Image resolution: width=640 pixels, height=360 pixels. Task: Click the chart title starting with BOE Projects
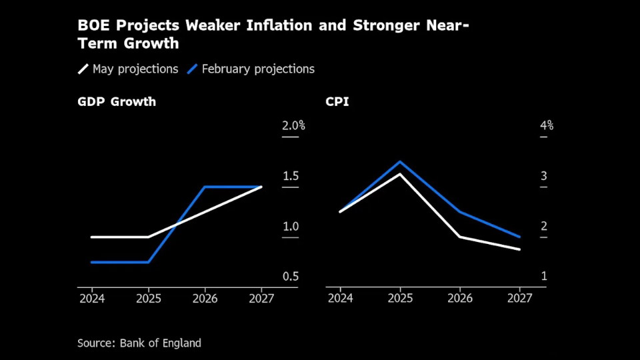click(x=273, y=35)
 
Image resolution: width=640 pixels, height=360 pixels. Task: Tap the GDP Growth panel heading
click(x=117, y=102)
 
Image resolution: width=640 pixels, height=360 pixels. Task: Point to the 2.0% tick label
click(x=293, y=125)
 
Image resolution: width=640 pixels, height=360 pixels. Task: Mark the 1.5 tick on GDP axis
click(x=290, y=176)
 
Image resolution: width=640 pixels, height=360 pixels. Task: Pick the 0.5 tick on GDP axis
click(x=290, y=277)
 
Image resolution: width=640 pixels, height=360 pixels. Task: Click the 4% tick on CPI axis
click(x=547, y=125)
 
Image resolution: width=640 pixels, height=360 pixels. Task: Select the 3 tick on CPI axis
click(x=544, y=176)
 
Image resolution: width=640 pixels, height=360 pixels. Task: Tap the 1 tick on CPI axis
click(x=544, y=277)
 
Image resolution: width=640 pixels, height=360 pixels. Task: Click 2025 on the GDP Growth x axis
click(x=148, y=298)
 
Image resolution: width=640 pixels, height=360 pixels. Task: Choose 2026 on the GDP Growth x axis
click(x=205, y=298)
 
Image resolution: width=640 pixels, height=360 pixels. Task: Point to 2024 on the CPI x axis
click(x=340, y=298)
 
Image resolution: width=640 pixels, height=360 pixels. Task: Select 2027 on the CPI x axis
click(x=519, y=298)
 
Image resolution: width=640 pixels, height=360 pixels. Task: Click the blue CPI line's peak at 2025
click(x=400, y=162)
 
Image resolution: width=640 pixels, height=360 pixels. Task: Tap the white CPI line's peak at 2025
click(x=400, y=174)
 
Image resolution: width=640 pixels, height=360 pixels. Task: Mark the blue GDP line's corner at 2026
click(x=205, y=187)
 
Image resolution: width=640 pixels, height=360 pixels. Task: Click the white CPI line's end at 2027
click(x=519, y=249)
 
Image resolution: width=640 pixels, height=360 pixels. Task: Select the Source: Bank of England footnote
click(x=139, y=343)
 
